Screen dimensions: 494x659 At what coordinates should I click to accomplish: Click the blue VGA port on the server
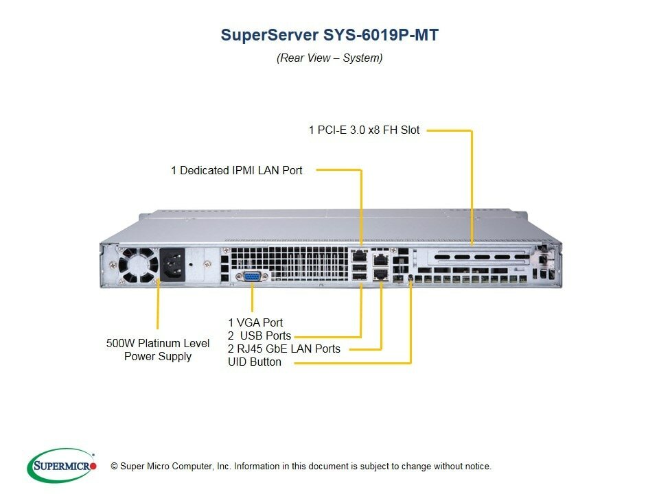[251, 276]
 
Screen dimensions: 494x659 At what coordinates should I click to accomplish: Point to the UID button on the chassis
[411, 277]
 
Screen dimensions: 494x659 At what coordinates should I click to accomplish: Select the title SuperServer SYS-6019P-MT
[329, 35]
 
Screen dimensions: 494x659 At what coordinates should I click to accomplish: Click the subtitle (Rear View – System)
[329, 58]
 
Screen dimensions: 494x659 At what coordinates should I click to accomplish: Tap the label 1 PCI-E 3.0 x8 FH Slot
[364, 129]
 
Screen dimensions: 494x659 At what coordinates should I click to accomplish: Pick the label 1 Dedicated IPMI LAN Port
[237, 169]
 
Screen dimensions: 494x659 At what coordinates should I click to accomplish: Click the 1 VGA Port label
[255, 322]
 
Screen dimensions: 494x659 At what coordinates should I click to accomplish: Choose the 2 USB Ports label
[259, 336]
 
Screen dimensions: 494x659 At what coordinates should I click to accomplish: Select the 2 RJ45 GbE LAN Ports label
[284, 349]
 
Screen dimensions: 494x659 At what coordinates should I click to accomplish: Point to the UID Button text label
[255, 362]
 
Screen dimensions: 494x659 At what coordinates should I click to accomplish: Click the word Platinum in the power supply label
[158, 343]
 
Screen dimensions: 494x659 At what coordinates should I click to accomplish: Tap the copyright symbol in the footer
[115, 467]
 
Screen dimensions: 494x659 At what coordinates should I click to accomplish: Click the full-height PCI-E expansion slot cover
[477, 257]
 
